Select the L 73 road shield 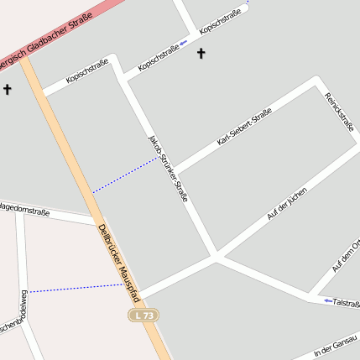[143, 315]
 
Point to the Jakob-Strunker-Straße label [167, 168]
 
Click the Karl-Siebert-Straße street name [243, 127]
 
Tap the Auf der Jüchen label [285, 205]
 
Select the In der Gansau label [336, 347]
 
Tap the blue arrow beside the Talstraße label [327, 300]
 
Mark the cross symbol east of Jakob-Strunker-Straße [201, 55]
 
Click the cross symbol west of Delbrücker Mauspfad [8, 88]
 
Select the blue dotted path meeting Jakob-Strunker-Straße [126, 175]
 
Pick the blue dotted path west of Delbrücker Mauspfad [76, 289]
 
